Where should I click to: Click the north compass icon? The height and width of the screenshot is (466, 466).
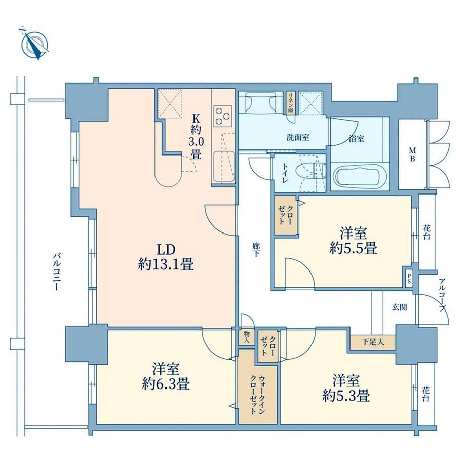point(35,46)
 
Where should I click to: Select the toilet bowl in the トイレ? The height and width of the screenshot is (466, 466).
point(309,172)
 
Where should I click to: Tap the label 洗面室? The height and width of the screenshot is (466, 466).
point(298,138)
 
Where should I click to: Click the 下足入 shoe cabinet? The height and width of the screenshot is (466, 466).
point(373,342)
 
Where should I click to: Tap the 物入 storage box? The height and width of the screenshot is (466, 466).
point(247,337)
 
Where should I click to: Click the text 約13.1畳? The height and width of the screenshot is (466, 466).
point(166,264)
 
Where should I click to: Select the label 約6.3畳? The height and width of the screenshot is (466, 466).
point(166,384)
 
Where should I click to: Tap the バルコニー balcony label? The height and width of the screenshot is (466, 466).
point(56,271)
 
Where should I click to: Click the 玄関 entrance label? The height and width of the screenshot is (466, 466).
point(399,307)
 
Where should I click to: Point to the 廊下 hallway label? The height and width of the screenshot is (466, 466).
point(256,250)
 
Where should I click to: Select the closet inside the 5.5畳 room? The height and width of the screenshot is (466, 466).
point(286,215)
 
